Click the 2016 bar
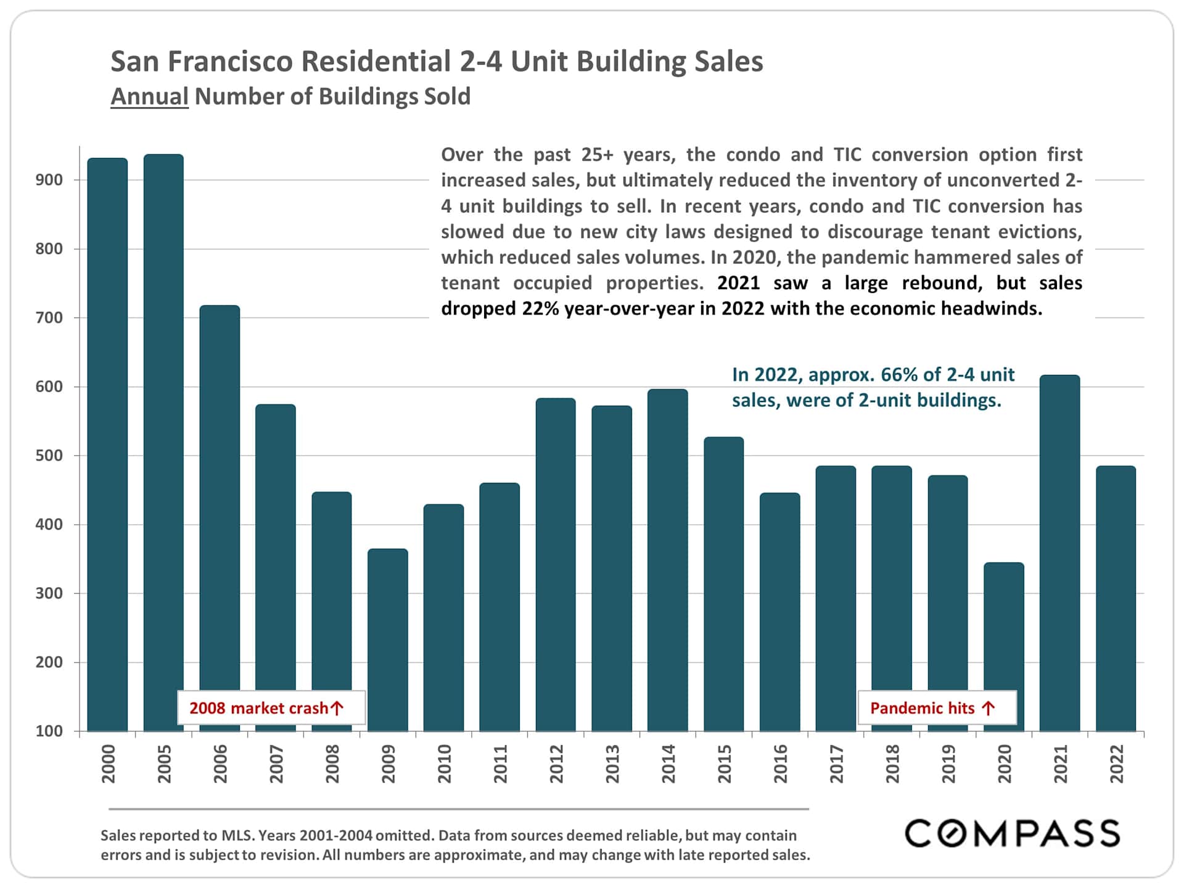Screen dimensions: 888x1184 pyautogui.click(x=779, y=611)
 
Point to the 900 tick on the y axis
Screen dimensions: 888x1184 pyautogui.click(x=49, y=180)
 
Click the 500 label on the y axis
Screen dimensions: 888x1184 pyautogui.click(x=49, y=456)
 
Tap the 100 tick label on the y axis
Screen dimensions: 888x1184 pyautogui.click(x=49, y=731)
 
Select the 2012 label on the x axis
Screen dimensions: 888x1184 pyautogui.click(x=556, y=764)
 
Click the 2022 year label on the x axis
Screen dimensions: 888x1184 pyautogui.click(x=1117, y=764)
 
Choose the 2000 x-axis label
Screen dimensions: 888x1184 pyautogui.click(x=108, y=764)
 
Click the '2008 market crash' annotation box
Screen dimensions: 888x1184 pyautogui.click(x=271, y=708)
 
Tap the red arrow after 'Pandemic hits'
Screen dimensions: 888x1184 pyautogui.click(x=989, y=708)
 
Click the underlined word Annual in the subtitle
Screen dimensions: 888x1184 pyautogui.click(x=149, y=97)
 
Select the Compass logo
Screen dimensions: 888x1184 pyautogui.click(x=1012, y=833)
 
